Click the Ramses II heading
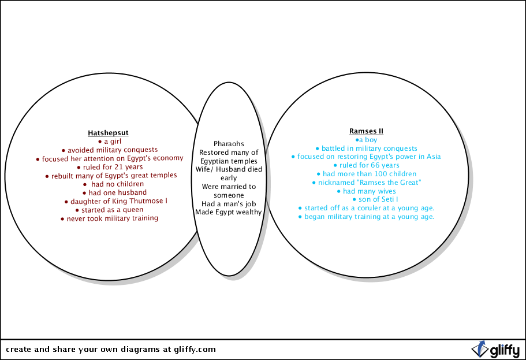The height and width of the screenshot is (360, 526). [x=366, y=131]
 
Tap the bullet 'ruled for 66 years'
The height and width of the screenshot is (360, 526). [x=366, y=165]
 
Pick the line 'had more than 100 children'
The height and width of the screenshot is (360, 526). [x=366, y=174]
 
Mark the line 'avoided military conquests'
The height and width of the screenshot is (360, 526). [x=109, y=150]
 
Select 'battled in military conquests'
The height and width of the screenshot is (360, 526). [x=366, y=149]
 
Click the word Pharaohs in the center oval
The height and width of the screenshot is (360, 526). [x=229, y=144]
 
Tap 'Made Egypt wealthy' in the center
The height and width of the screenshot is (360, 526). [x=229, y=212]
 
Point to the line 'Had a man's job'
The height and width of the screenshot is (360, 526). [x=229, y=203]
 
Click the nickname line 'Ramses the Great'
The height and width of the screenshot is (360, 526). [x=370, y=183]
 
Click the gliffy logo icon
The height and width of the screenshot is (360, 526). [x=479, y=349]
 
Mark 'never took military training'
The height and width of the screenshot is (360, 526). [x=109, y=218]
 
